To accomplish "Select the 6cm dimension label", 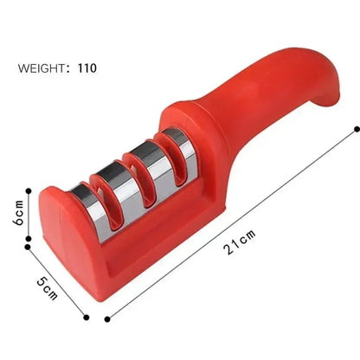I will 16,216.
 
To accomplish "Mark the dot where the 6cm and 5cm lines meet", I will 29,246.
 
